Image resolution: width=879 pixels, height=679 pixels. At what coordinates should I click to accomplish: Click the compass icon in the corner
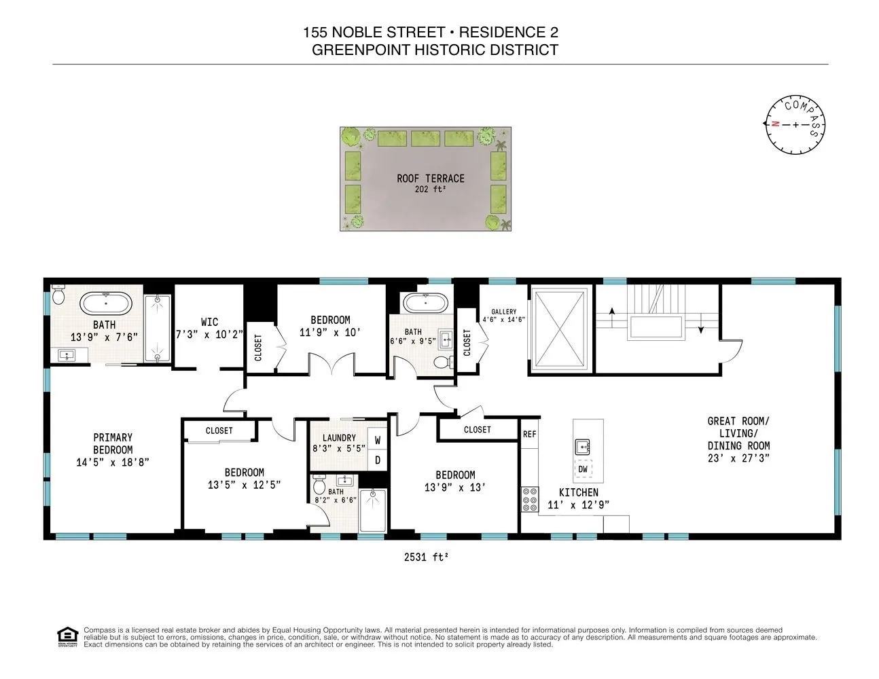click(x=795, y=125)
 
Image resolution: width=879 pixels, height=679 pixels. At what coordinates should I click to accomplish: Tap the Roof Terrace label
click(x=431, y=179)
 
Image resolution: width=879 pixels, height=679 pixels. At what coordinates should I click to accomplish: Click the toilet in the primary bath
click(x=58, y=294)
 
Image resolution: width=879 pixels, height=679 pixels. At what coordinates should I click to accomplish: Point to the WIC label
click(x=209, y=322)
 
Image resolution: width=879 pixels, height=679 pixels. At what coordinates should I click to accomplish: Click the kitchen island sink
click(x=583, y=446)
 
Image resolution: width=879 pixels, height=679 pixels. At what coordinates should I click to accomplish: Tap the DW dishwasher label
click(x=583, y=469)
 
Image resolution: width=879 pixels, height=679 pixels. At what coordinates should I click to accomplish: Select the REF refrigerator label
click(x=530, y=434)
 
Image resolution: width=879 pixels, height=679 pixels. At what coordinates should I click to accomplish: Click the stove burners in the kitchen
click(x=530, y=499)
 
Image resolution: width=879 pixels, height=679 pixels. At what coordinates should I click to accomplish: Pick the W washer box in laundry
click(x=378, y=440)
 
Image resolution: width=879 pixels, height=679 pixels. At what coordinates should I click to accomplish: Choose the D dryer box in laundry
click(x=378, y=460)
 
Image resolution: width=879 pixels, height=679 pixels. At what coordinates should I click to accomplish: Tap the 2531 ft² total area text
click(x=426, y=557)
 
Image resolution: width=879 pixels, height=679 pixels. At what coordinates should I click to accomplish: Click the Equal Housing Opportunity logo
click(x=67, y=637)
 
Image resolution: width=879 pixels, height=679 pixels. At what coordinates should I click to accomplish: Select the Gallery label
click(x=504, y=312)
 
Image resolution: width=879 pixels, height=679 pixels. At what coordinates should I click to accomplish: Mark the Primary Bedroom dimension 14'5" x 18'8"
click(x=113, y=462)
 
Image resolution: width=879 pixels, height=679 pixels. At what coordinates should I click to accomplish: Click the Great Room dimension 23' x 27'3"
click(x=738, y=458)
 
